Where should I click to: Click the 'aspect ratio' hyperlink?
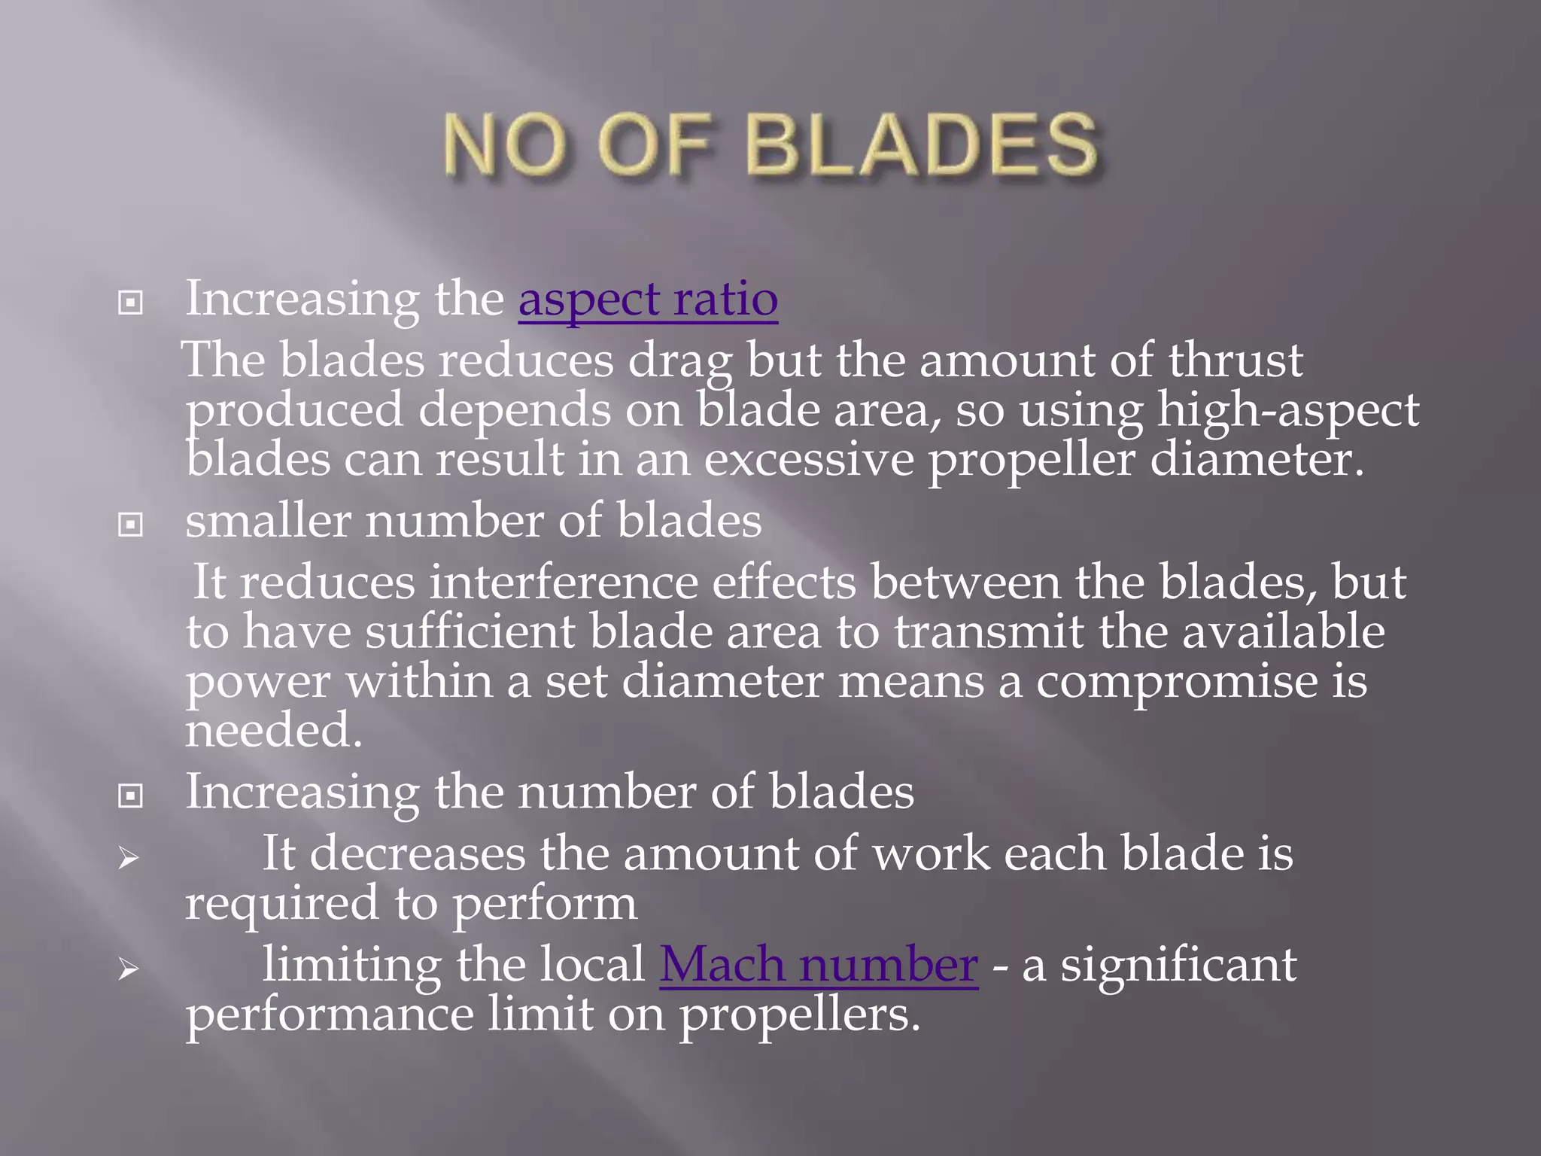(648, 300)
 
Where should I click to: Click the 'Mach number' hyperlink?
(819, 965)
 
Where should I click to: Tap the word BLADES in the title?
(922, 144)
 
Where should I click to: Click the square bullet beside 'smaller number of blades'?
(131, 525)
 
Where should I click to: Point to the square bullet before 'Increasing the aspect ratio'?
(131, 303)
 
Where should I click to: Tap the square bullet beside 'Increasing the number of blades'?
(131, 796)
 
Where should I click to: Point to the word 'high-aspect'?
(1288, 412)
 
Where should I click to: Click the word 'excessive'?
(809, 460)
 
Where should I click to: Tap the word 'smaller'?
(268, 521)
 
